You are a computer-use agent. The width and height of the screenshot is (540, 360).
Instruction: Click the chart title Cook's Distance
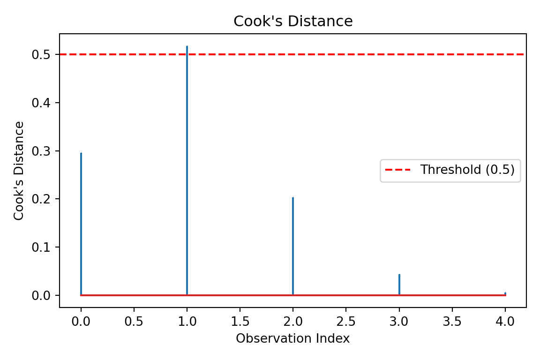point(293,22)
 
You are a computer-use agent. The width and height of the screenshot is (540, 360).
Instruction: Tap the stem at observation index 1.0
point(187,169)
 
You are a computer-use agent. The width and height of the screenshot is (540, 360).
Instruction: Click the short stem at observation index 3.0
point(399,285)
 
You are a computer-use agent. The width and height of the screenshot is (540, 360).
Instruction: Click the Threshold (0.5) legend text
point(467,170)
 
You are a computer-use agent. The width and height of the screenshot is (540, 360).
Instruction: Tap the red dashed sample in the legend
point(398,170)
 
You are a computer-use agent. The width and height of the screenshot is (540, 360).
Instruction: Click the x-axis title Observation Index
point(293,338)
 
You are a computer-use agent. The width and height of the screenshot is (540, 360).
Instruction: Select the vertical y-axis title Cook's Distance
point(19,171)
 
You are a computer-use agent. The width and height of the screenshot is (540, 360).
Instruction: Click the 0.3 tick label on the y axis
point(41,151)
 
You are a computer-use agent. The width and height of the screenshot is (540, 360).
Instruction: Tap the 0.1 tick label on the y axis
point(41,247)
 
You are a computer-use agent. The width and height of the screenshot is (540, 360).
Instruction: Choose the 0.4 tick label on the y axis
point(41,103)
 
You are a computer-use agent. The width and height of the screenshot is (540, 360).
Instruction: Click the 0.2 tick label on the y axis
point(41,199)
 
